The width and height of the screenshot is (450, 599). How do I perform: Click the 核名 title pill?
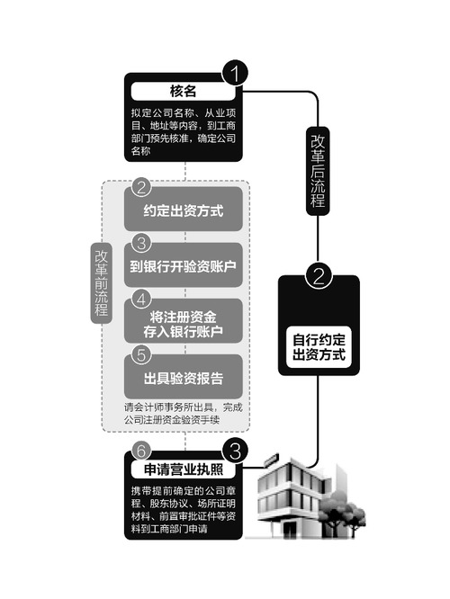(183, 92)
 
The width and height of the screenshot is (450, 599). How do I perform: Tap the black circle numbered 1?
(234, 73)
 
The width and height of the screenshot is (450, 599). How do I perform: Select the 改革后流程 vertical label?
(318, 171)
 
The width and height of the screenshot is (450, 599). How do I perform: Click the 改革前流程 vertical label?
(102, 283)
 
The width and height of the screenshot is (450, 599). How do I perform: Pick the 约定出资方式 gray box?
(184, 210)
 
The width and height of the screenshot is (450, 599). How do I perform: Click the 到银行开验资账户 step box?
(184, 266)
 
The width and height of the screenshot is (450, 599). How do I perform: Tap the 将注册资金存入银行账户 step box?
(184, 322)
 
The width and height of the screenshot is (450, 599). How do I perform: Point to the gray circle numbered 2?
(141, 188)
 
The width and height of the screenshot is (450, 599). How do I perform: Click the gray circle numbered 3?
(141, 244)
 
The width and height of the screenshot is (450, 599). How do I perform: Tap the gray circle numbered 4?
(141, 299)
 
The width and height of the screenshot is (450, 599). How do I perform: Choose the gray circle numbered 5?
(141, 355)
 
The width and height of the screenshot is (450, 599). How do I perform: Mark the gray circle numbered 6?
(141, 451)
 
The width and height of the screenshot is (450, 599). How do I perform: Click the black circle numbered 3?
(235, 451)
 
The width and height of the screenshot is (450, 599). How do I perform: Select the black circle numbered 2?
(319, 276)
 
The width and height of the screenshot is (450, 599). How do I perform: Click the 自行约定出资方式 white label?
(319, 347)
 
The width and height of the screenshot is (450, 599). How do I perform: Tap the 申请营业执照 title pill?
(183, 469)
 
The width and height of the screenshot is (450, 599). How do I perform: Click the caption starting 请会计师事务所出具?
(183, 414)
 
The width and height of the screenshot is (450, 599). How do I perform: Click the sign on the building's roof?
(271, 460)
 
